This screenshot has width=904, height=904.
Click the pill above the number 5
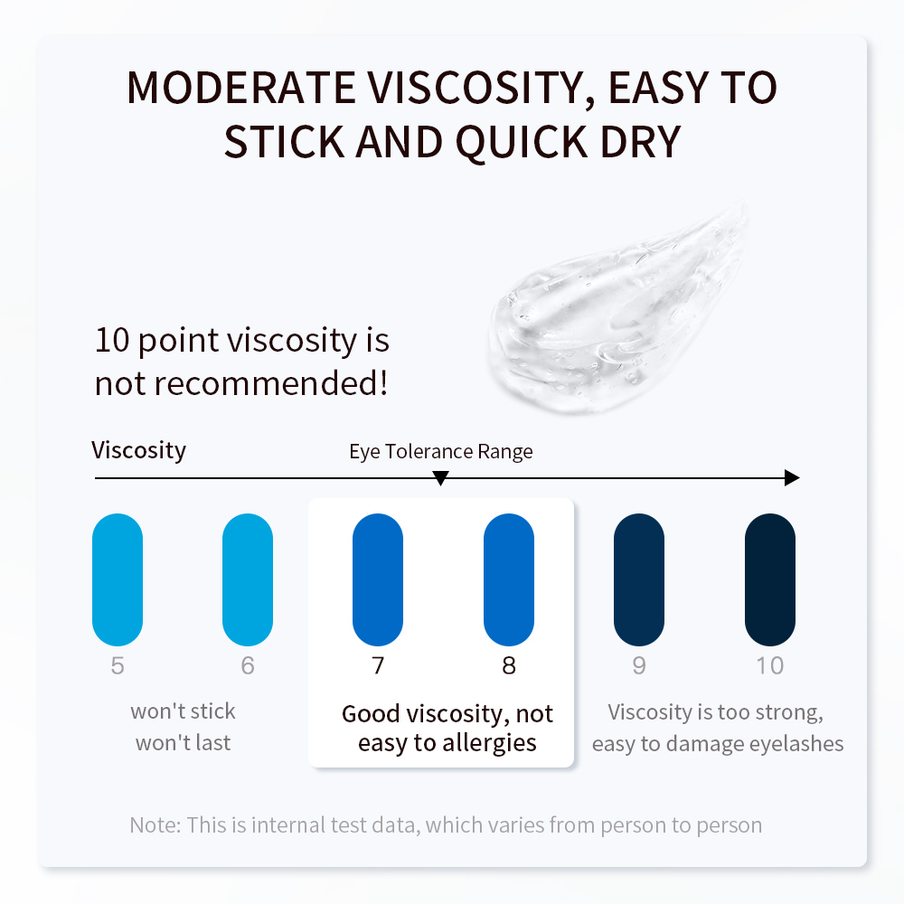point(118,579)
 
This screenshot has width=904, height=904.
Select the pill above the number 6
point(248,579)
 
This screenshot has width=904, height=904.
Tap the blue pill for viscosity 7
point(378,579)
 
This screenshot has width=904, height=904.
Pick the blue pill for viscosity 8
point(508,579)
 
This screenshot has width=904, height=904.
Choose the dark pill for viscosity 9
point(639,579)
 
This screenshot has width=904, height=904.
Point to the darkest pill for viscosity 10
point(769,579)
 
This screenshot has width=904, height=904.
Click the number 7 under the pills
point(378,665)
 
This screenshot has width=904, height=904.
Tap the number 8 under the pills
point(508,665)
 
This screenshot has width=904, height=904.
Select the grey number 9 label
point(639,665)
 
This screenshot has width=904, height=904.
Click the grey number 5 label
point(118,665)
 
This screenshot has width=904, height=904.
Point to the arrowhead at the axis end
point(792,477)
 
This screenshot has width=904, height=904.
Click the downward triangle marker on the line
point(440,478)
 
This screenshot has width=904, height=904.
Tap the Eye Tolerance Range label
point(441,452)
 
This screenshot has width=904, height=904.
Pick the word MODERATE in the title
point(241,89)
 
